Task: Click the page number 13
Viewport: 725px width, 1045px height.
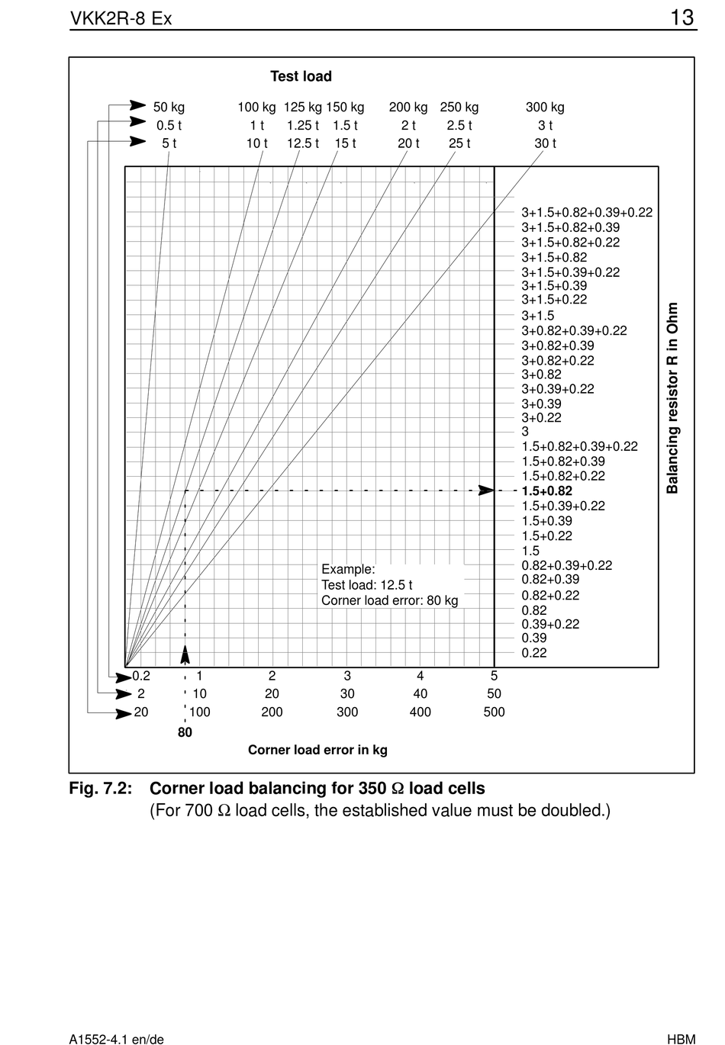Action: (x=682, y=18)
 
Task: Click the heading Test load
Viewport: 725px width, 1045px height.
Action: (x=301, y=76)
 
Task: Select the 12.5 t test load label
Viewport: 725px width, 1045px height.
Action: (x=302, y=143)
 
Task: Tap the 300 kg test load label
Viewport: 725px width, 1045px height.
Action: (x=545, y=108)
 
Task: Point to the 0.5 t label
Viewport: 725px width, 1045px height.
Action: (x=169, y=125)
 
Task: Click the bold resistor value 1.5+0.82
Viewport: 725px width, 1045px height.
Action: (x=546, y=490)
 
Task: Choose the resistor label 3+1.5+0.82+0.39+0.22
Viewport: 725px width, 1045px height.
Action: (x=587, y=212)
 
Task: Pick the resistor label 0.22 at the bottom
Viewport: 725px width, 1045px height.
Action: (x=533, y=653)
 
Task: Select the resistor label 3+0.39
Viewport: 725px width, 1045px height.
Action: (x=541, y=404)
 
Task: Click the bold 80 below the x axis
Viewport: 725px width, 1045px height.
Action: (x=185, y=732)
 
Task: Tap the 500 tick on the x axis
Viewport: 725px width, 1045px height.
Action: (x=494, y=712)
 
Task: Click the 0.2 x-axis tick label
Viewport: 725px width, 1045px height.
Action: (x=141, y=676)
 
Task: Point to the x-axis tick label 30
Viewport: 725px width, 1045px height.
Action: (x=347, y=693)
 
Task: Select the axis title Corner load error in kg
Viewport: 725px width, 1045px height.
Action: (x=317, y=750)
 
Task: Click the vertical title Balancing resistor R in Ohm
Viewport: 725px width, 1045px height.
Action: (x=672, y=398)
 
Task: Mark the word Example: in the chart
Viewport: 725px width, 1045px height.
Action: (x=348, y=569)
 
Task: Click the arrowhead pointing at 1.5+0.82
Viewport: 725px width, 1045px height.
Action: (x=486, y=490)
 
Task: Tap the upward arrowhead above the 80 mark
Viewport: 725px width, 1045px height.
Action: (x=185, y=654)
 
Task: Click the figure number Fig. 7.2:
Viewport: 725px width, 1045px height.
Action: (x=101, y=788)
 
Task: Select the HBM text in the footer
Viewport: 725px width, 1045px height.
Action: (x=681, y=1039)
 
